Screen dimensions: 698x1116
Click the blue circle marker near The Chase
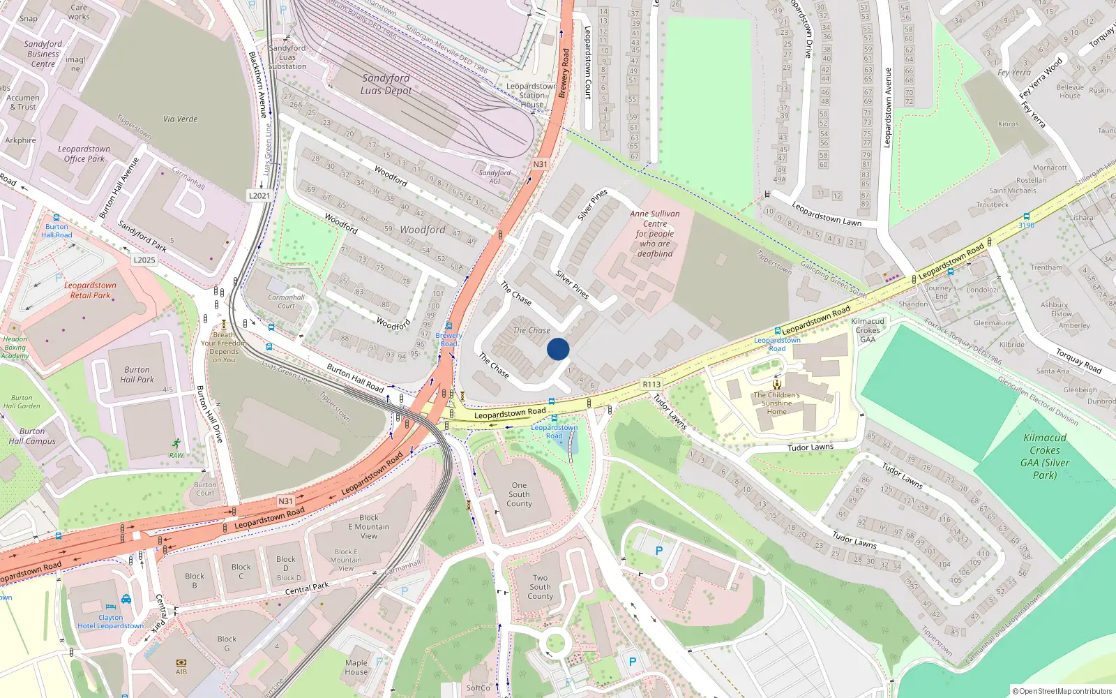click(558, 349)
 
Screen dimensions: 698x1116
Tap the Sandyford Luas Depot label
click(386, 84)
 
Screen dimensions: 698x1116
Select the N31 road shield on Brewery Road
click(540, 165)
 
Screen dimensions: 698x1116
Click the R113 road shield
click(651, 384)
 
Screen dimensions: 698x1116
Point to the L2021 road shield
click(259, 195)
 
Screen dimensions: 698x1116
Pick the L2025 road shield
click(144, 260)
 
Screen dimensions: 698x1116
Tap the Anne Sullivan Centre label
click(655, 234)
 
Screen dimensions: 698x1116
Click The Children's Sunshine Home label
click(776, 403)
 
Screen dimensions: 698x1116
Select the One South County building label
click(519, 494)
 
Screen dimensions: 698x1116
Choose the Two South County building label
click(540, 587)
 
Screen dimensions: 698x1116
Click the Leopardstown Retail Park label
click(90, 290)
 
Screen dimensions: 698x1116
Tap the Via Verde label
click(180, 119)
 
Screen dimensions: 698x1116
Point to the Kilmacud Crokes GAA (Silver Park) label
click(1044, 456)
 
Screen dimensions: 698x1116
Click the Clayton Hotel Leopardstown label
click(111, 621)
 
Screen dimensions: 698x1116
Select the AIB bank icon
click(181, 662)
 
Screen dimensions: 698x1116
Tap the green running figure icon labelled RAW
click(176, 443)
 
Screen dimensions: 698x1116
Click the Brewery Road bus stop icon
click(449, 326)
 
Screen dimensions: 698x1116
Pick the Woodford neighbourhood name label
click(422, 230)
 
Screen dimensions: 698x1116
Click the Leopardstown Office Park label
click(84, 154)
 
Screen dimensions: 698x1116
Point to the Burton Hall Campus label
click(32, 436)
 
